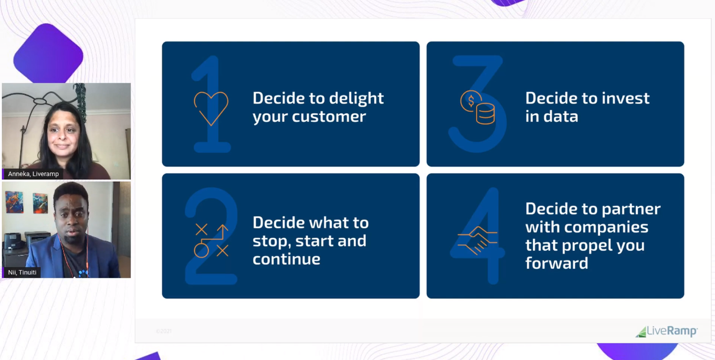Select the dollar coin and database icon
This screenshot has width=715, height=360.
tap(478, 107)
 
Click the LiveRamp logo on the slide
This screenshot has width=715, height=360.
tap(667, 331)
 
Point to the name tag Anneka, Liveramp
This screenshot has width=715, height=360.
tap(33, 174)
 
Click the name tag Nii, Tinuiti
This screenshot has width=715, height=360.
tap(22, 272)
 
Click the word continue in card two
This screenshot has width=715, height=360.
tap(286, 259)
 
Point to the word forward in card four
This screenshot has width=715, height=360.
tap(556, 263)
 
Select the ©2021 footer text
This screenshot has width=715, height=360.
tap(164, 331)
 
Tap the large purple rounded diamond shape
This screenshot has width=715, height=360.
tap(48, 54)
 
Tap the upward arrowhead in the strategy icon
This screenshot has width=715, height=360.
tap(223, 228)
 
